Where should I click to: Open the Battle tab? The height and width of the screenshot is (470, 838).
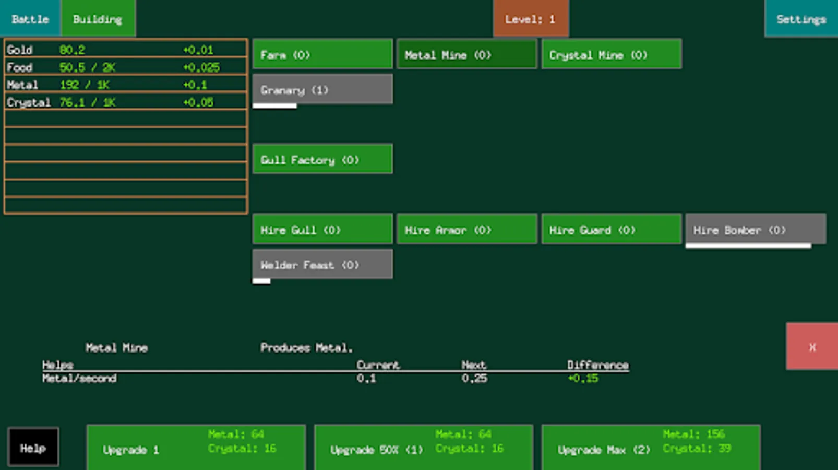click(x=30, y=19)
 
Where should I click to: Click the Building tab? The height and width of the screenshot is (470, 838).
click(x=98, y=19)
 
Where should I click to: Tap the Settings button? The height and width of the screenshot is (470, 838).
click(x=801, y=19)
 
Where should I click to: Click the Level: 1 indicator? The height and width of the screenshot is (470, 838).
click(x=530, y=19)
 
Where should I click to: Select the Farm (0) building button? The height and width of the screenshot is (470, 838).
click(x=322, y=54)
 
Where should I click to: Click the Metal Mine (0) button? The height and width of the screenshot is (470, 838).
click(x=466, y=54)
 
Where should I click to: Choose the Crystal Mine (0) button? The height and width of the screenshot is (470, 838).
click(x=611, y=54)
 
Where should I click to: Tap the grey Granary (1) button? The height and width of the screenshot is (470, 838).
click(x=322, y=90)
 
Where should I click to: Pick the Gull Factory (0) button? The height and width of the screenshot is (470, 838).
click(x=322, y=159)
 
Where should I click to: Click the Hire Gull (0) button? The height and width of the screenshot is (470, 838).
click(x=322, y=229)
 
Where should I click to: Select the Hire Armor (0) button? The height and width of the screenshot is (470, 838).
click(x=466, y=229)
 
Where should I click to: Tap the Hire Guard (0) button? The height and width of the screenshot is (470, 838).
click(x=611, y=229)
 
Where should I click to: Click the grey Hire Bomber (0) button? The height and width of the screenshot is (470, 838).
click(x=755, y=229)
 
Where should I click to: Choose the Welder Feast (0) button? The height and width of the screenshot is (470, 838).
click(x=322, y=264)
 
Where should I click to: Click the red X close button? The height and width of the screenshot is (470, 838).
click(x=811, y=346)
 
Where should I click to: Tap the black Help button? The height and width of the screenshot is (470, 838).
click(x=33, y=447)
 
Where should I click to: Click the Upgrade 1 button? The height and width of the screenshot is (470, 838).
click(x=196, y=448)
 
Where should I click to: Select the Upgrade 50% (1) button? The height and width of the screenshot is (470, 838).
click(x=423, y=448)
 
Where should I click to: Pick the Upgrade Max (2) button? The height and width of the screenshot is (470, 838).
click(x=651, y=448)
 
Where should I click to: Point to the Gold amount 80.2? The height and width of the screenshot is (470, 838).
click(x=72, y=50)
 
